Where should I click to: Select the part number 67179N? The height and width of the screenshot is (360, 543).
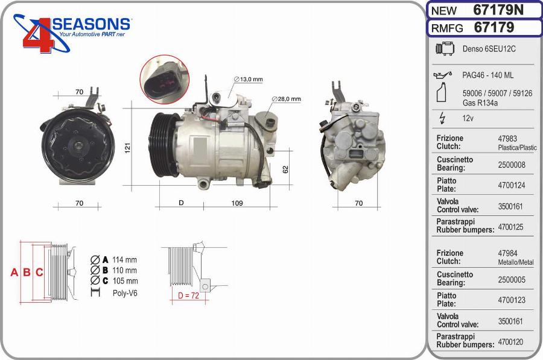(498, 10)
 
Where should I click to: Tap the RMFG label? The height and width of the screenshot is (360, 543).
(447, 28)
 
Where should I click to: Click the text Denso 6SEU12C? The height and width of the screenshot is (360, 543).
(489, 49)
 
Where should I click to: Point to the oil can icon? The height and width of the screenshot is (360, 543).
(442, 75)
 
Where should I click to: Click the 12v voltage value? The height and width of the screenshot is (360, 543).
(468, 118)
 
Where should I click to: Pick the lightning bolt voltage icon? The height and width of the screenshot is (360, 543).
(442, 118)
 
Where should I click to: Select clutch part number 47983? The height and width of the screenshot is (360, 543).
(507, 139)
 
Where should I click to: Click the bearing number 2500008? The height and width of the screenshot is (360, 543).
(511, 164)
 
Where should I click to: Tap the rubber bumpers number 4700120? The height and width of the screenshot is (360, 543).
(511, 342)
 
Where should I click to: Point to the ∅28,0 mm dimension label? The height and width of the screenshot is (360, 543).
(286, 99)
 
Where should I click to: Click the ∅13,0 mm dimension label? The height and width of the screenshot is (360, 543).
(248, 79)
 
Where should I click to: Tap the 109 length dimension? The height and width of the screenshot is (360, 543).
(237, 203)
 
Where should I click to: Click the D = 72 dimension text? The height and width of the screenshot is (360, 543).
(188, 295)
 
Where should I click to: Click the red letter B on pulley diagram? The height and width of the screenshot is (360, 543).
(27, 273)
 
